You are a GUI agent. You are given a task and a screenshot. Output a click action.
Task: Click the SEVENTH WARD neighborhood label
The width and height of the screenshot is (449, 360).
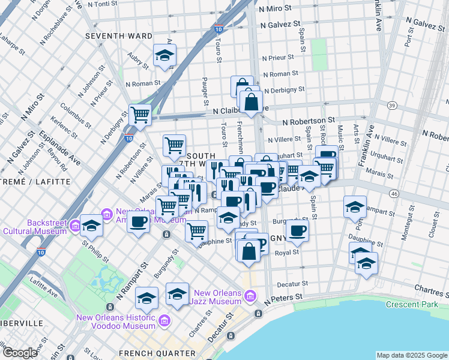click(119, 36)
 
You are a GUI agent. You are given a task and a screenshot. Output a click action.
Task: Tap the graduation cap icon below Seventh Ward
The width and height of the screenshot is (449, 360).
click(163, 56)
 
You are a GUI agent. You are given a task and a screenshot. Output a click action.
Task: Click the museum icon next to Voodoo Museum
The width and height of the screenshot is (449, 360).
click(163, 322)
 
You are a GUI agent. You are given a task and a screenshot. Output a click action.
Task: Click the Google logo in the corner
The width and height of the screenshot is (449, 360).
click(20, 353)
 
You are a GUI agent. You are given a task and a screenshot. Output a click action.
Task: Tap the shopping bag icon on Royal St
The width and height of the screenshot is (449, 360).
click(249, 251)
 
